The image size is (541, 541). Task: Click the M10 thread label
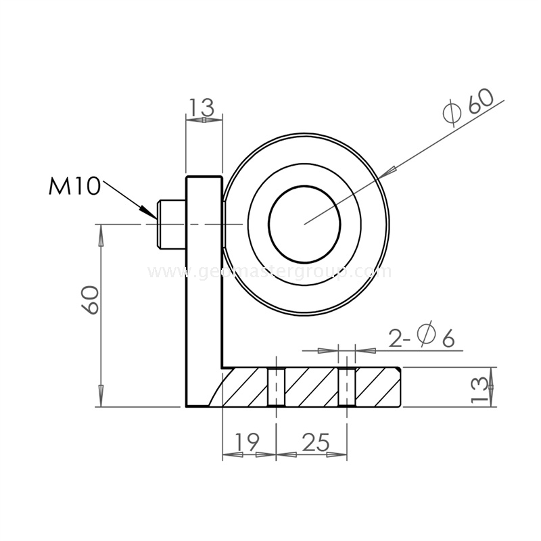click(74, 185)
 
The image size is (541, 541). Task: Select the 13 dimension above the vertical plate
click(202, 107)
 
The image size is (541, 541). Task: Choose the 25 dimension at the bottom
click(314, 442)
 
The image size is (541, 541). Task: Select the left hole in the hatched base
click(276, 387)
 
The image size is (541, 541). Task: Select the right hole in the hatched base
click(346, 387)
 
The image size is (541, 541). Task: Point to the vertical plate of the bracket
click(204, 291)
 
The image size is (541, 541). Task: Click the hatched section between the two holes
click(311, 387)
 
